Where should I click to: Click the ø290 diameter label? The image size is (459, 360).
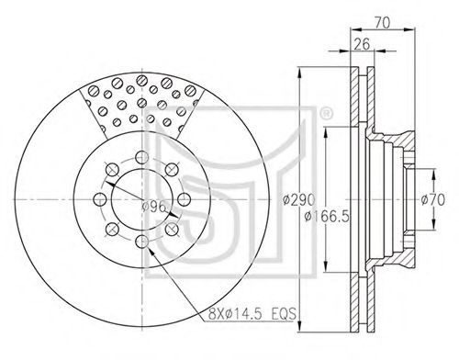[298, 200]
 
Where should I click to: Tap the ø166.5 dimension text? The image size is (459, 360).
[327, 217]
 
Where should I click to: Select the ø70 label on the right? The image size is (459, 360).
[432, 200]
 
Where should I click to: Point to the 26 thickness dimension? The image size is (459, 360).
[362, 44]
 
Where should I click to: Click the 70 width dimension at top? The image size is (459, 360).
[382, 23]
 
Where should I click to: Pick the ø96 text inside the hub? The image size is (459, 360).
[154, 208]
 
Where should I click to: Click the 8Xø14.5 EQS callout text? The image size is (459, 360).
[252, 314]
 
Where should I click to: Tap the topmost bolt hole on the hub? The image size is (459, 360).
[142, 157]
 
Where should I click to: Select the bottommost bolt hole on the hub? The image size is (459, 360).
[142, 242]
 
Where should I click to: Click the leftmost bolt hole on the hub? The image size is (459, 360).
[100, 199]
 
